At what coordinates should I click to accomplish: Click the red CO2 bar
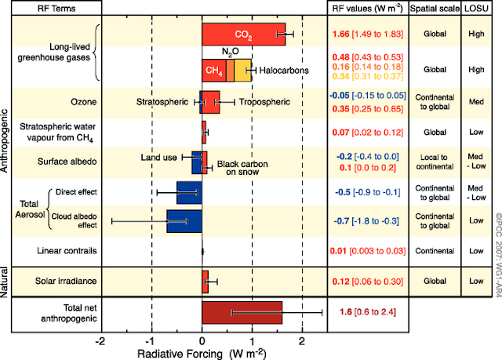pyautogui.click(x=243, y=35)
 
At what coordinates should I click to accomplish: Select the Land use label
pyautogui.click(x=159, y=156)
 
